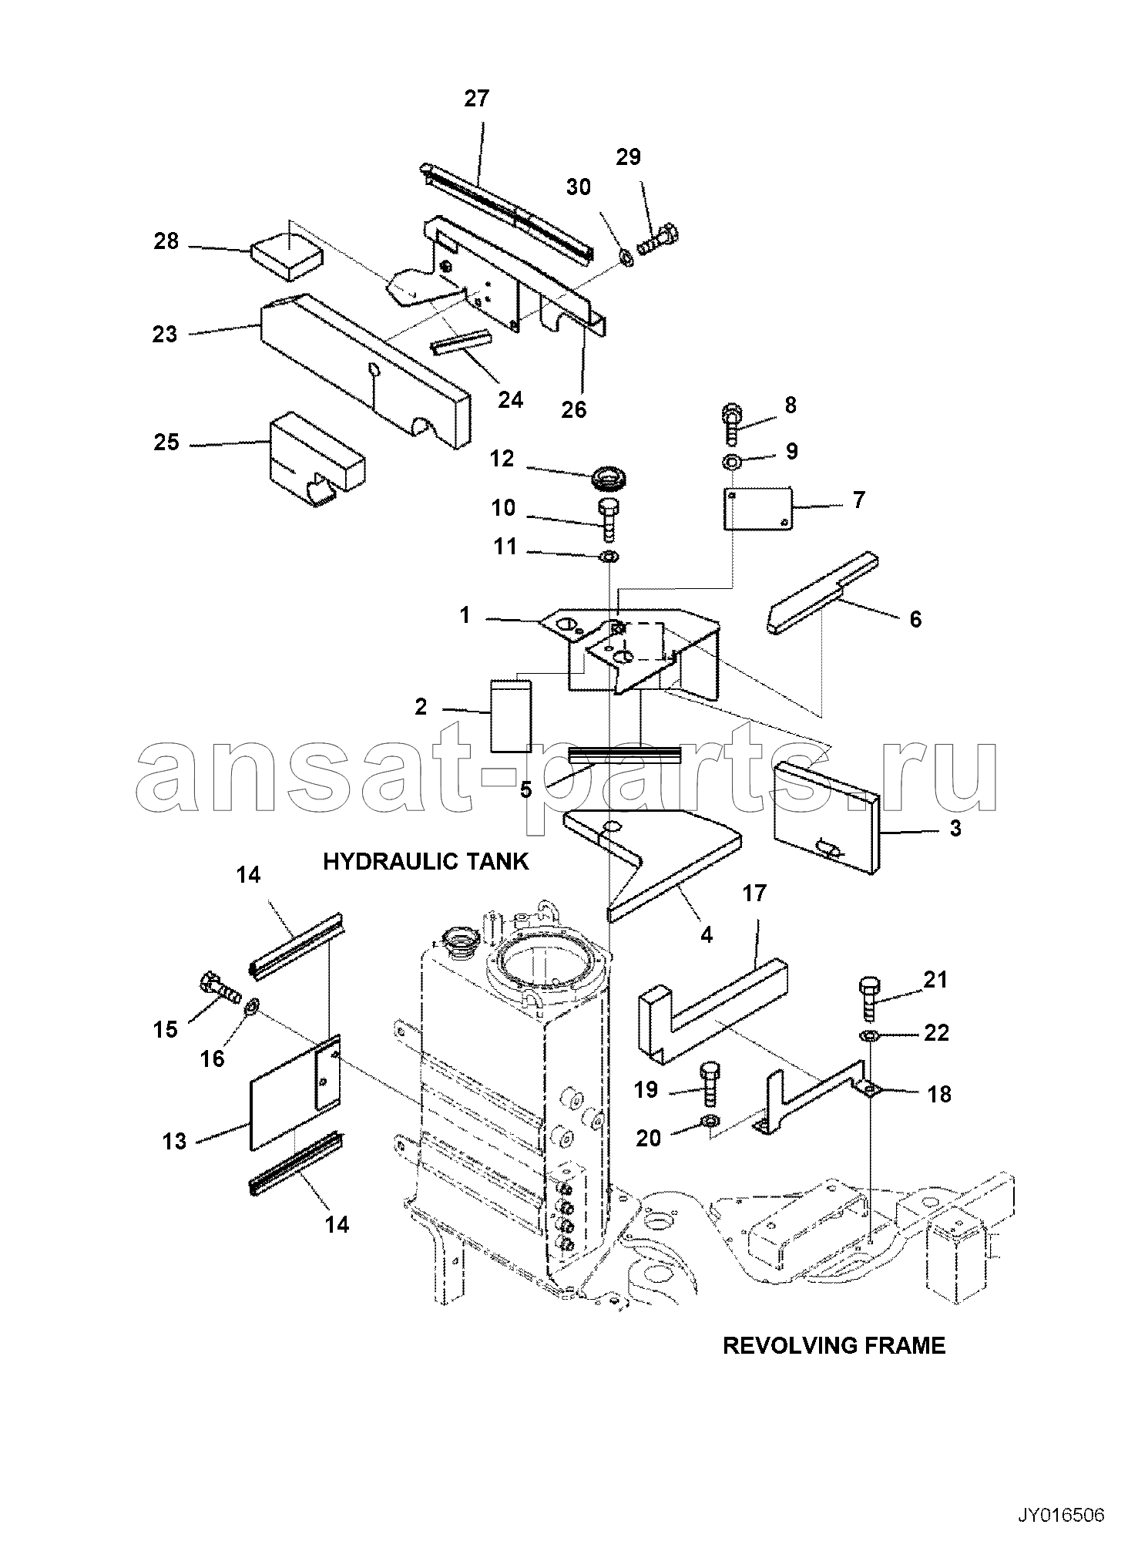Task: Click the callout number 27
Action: (476, 99)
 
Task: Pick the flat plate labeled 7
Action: (758, 507)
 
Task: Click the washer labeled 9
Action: (732, 463)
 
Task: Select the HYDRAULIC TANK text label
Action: (426, 861)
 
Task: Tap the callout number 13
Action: (175, 1141)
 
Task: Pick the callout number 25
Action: (166, 443)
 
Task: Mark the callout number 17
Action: (755, 893)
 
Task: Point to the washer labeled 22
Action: (868, 1035)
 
